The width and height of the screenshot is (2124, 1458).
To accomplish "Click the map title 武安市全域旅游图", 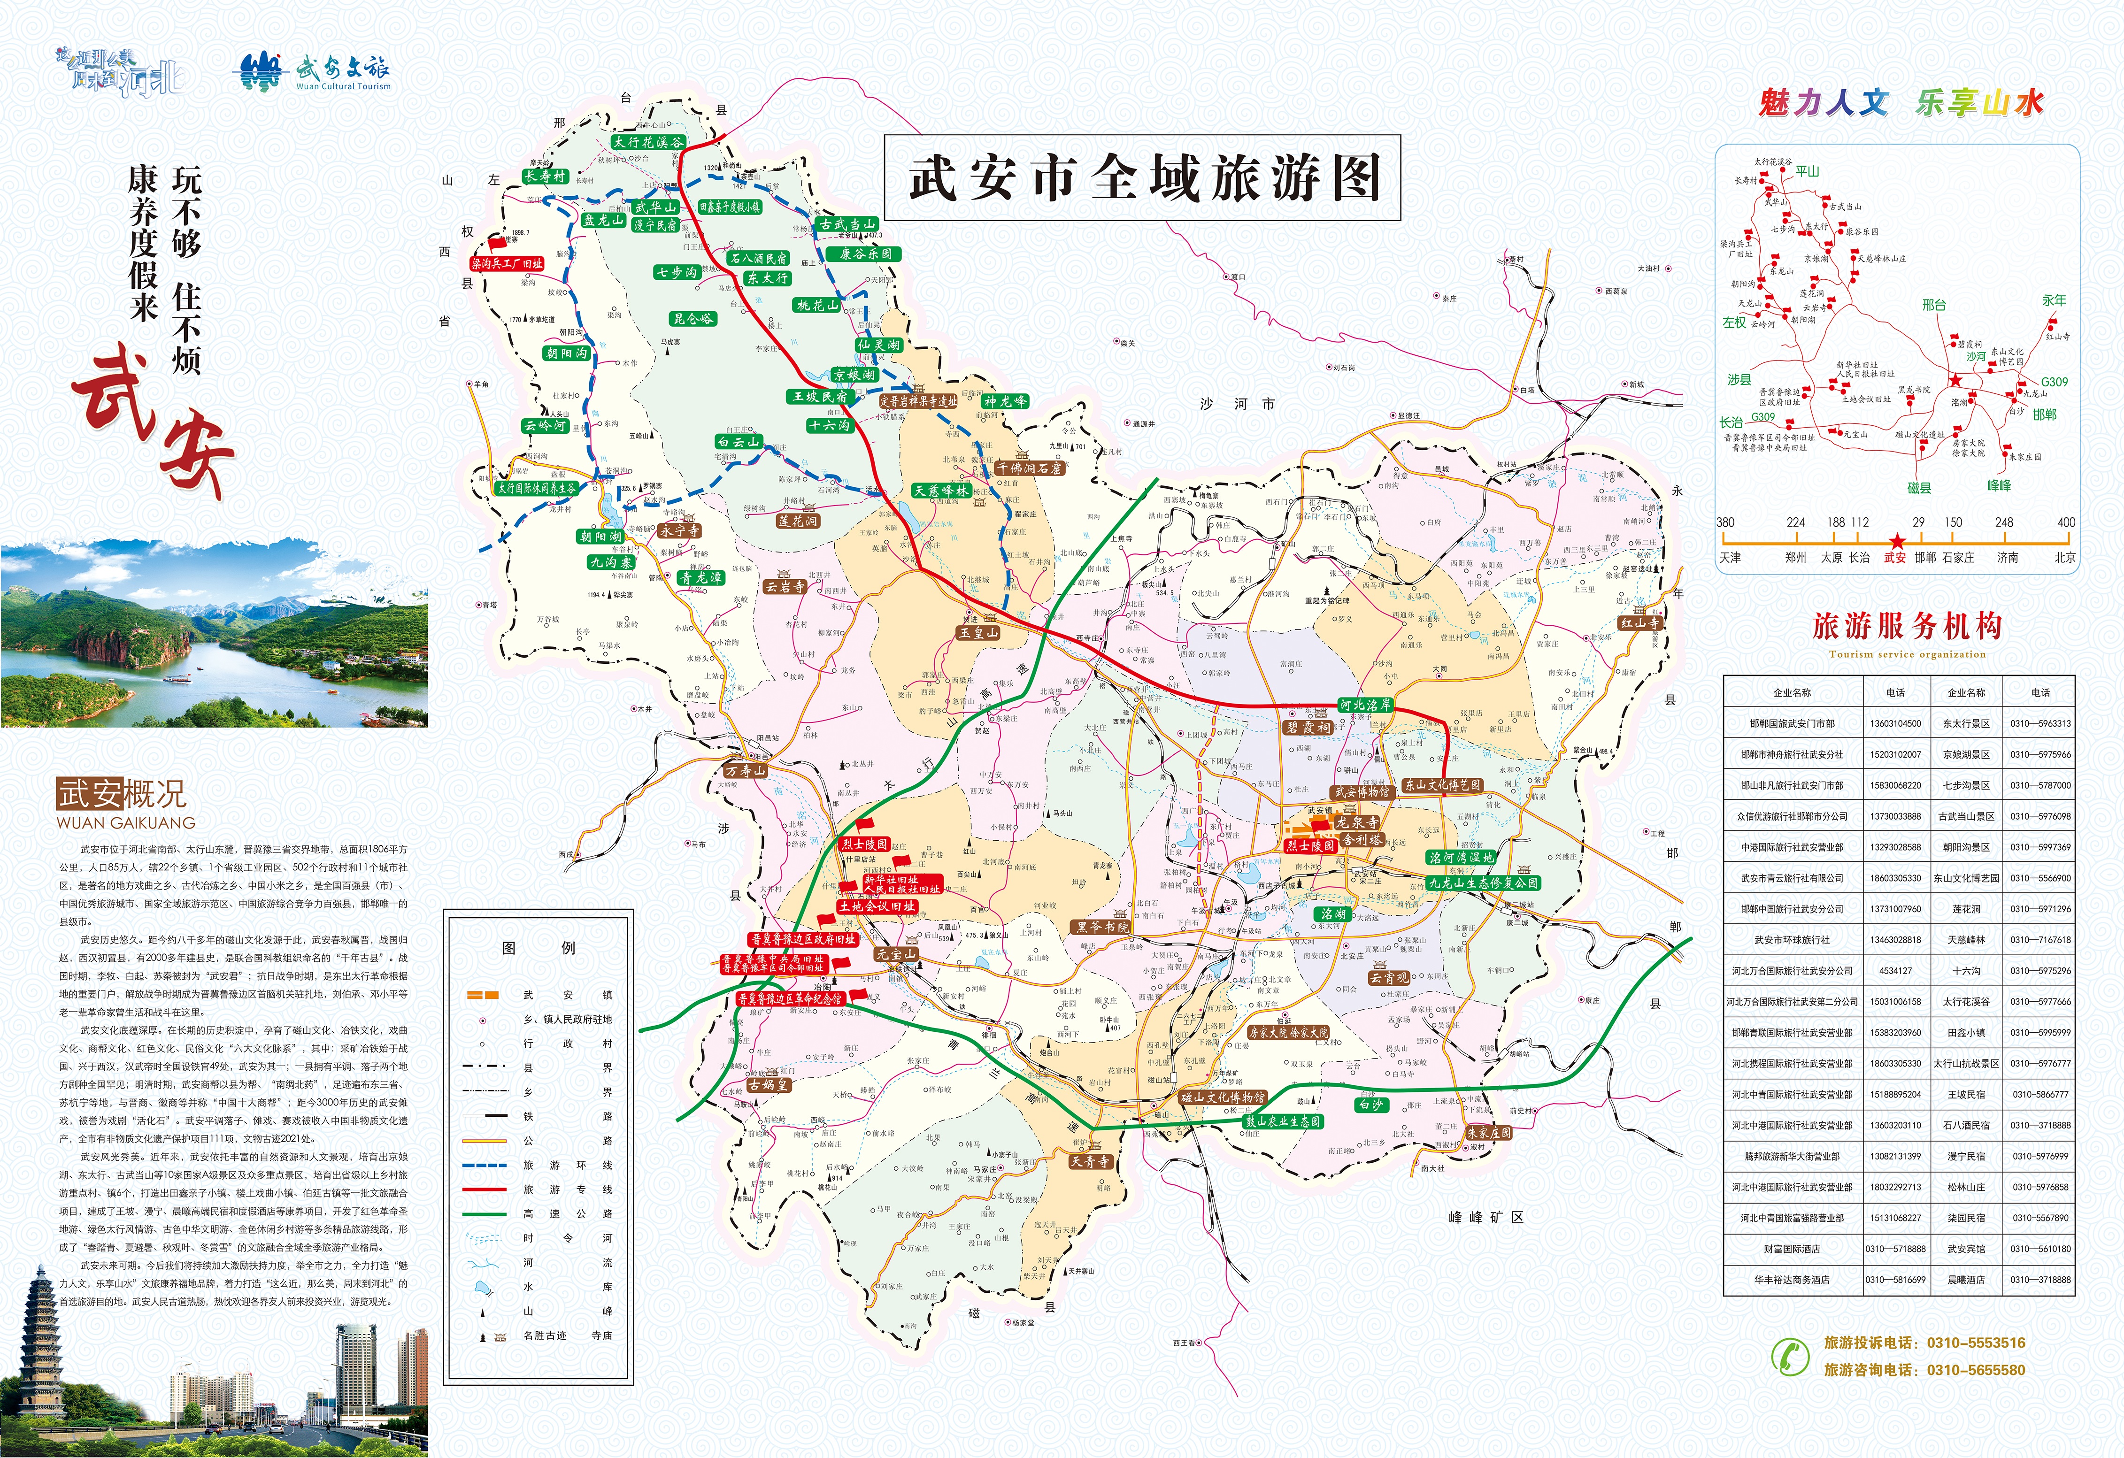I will [1142, 177].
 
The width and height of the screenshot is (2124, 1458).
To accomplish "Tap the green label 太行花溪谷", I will [648, 143].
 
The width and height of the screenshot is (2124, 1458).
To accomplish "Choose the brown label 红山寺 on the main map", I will [1639, 623].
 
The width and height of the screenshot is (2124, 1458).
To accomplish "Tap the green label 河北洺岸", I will [1365, 704].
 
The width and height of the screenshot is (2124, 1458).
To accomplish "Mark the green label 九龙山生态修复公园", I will [1483, 883].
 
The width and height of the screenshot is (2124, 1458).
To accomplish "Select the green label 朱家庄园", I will [1489, 1132].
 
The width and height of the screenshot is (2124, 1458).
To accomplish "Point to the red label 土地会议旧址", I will [877, 906].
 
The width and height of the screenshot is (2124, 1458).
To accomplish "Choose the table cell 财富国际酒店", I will [1791, 1249].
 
